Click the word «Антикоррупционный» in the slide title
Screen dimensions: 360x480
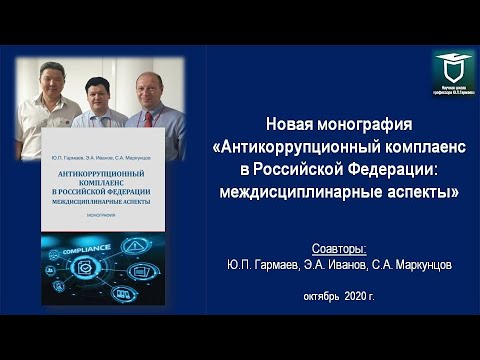click(x=282, y=149)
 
